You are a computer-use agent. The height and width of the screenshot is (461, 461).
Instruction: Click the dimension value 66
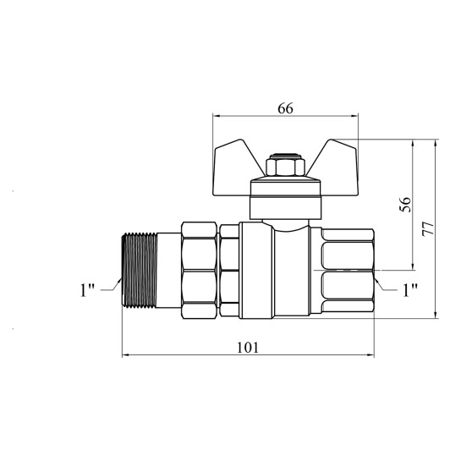[285, 109]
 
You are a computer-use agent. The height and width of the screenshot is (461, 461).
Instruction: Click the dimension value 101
[248, 348]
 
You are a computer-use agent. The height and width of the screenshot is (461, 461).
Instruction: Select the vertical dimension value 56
[405, 205]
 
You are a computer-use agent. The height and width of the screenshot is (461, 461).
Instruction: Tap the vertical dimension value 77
[428, 228]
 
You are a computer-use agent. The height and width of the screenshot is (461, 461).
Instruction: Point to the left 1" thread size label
[87, 290]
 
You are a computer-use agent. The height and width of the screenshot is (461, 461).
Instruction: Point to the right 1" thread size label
[410, 290]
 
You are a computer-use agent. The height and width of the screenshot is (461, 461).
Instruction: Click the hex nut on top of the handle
[281, 167]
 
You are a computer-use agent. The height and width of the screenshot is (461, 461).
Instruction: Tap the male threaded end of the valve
[140, 270]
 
